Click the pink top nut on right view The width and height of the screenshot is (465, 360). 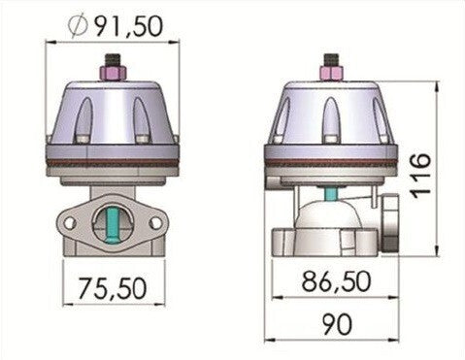[x=330, y=74]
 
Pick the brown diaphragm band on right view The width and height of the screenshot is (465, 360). [x=330, y=158]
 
